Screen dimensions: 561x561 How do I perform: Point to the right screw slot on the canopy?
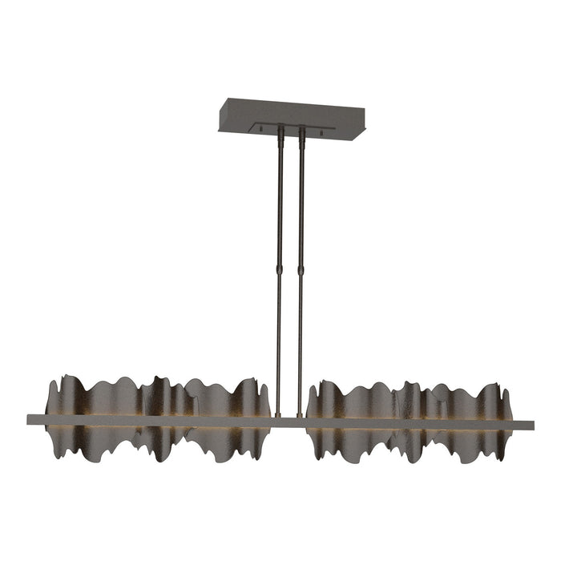click(x=321, y=130)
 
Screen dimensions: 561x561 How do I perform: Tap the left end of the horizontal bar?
click(x=31, y=418)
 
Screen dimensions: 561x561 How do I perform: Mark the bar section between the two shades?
click(x=289, y=419)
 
